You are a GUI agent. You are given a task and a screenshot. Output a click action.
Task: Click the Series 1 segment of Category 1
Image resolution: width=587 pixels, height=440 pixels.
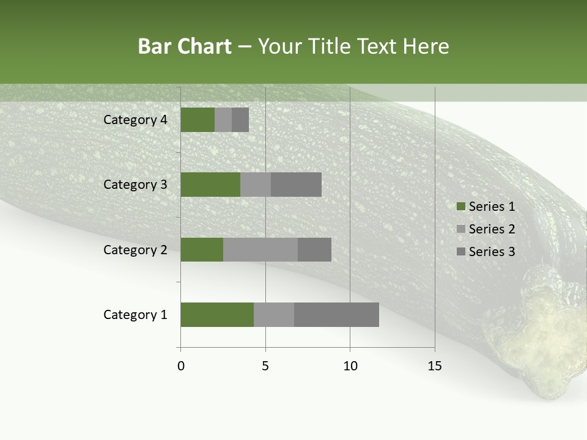217,315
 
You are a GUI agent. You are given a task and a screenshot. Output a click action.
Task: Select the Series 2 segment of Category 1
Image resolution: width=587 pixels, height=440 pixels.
274,315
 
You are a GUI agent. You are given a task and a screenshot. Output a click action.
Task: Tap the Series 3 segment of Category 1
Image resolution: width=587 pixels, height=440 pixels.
336,315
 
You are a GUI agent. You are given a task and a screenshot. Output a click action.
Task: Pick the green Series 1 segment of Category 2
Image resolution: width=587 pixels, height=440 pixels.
202,249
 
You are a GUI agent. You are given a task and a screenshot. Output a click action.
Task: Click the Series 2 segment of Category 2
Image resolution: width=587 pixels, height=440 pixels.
260,249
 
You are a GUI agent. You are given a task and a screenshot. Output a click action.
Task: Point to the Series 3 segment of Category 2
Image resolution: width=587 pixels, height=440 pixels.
314,249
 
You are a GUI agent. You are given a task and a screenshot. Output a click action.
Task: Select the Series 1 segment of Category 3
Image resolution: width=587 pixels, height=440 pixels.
210,185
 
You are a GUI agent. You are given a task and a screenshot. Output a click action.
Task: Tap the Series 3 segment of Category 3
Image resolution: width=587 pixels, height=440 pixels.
296,185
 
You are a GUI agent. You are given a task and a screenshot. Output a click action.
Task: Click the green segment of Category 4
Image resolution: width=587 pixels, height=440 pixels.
198,120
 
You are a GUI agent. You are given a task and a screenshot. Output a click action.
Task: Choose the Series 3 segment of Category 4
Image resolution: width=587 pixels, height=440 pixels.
240,120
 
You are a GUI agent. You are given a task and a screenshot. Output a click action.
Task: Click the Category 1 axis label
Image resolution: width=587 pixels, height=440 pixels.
135,315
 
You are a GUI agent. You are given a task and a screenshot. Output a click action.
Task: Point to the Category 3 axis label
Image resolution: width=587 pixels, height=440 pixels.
135,185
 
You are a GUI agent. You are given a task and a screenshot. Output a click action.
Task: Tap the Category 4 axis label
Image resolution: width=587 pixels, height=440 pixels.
135,120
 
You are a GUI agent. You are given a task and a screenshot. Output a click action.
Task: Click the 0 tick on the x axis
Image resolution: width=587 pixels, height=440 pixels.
180,366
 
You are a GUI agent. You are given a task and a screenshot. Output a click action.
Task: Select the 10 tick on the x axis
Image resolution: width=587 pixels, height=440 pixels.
350,366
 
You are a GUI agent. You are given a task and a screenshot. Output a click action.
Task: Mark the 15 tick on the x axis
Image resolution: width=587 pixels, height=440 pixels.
434,366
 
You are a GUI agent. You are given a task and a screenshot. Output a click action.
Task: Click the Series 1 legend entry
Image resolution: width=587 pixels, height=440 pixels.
486,207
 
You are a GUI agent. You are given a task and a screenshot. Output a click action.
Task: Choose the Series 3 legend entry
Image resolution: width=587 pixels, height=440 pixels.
486,252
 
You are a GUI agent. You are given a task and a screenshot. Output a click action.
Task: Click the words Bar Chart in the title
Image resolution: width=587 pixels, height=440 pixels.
185,46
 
